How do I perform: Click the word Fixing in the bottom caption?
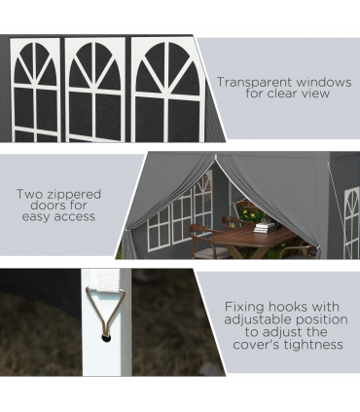point(244,307)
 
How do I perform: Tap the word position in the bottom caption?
point(322,319)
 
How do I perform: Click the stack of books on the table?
point(265,227)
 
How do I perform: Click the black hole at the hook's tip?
point(106,338)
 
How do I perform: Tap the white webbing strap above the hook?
point(105,281)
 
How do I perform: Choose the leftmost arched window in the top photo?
point(35,90)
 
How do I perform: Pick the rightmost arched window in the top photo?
point(167,90)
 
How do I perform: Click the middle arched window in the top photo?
point(95,90)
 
